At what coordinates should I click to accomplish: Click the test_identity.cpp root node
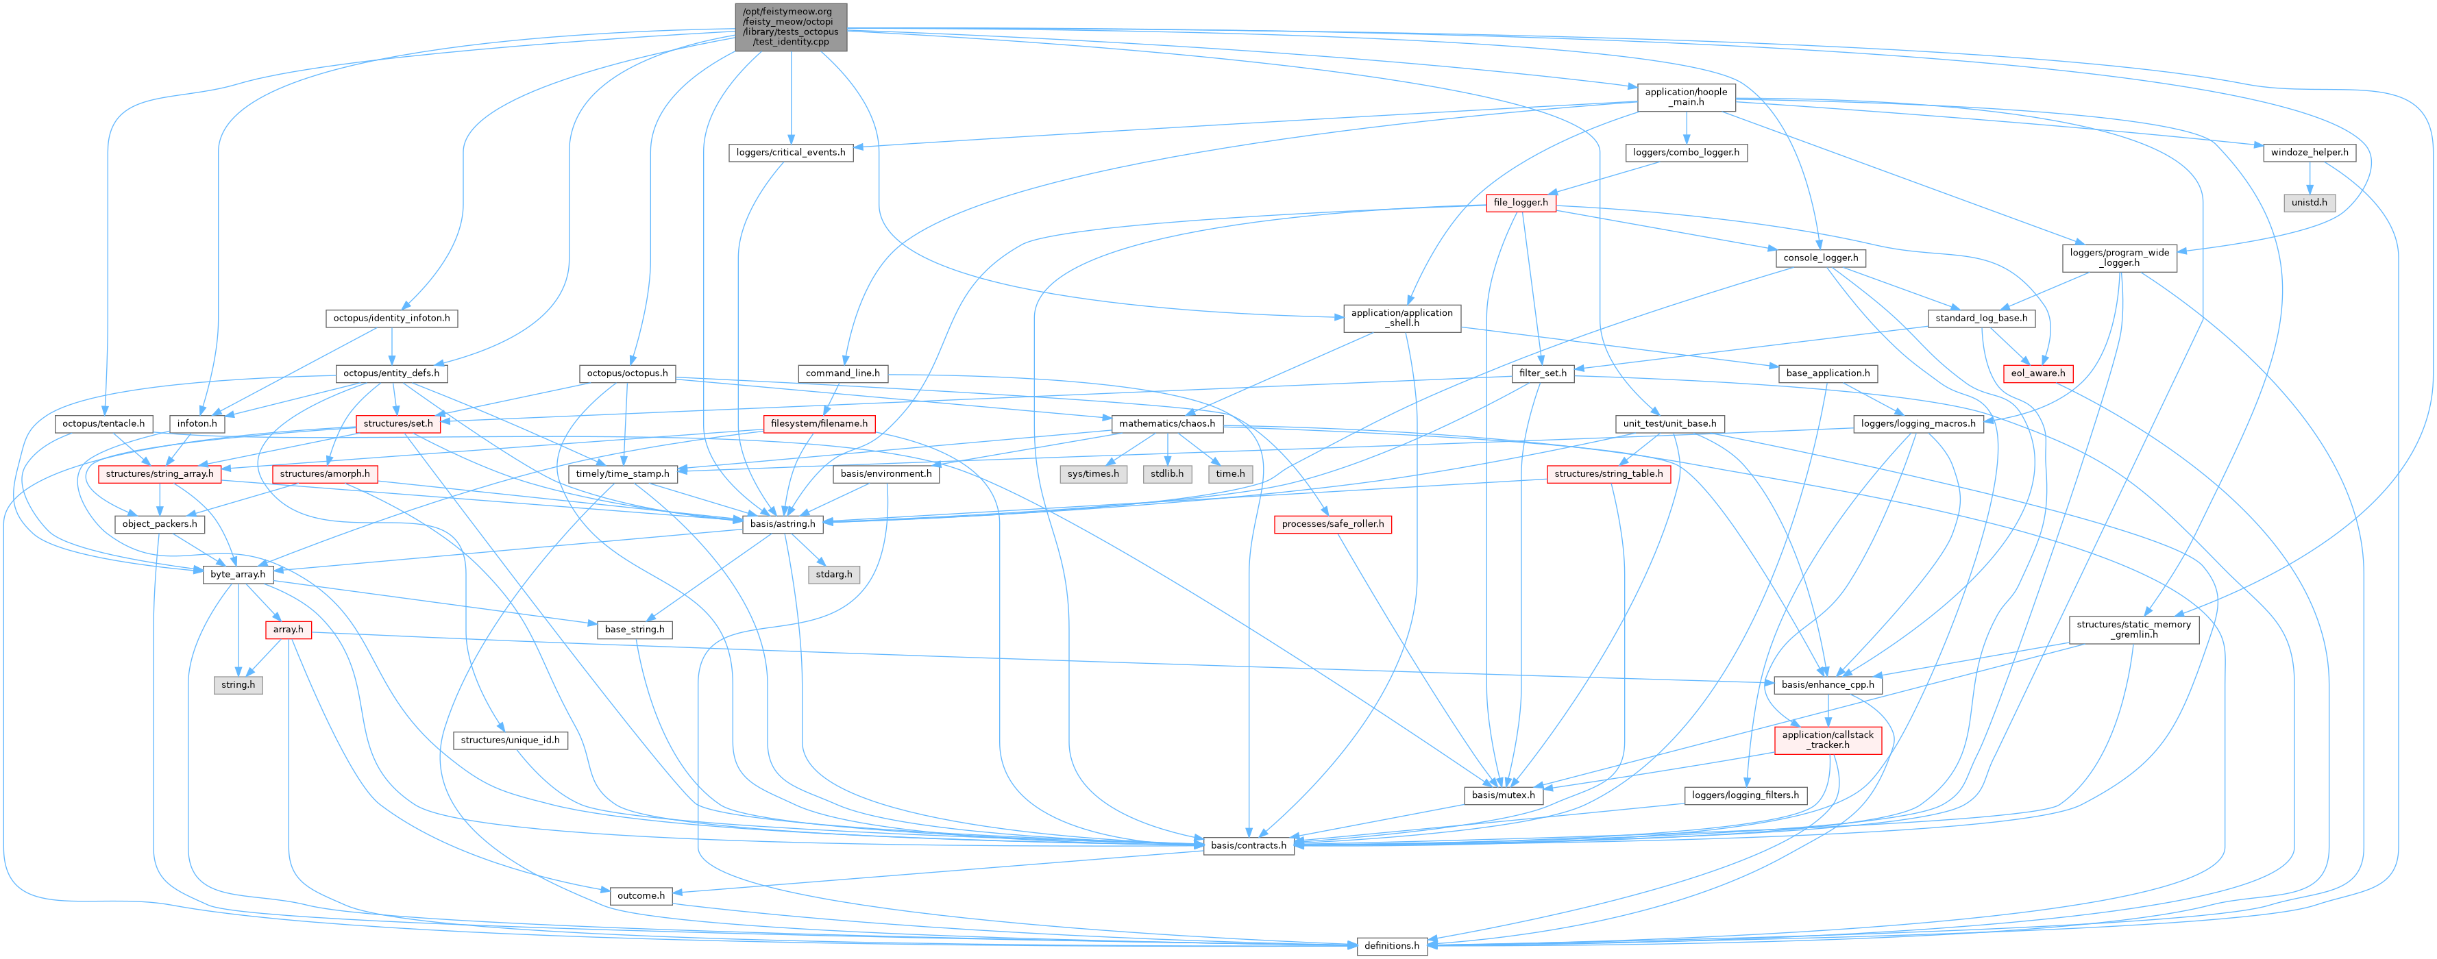791,27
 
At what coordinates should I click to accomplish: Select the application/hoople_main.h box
1686,97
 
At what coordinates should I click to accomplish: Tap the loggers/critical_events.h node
791,152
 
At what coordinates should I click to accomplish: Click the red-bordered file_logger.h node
1520,202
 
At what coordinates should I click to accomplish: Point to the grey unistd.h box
2310,202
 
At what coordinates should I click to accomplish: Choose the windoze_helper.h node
2310,152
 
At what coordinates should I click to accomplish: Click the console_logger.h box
1820,258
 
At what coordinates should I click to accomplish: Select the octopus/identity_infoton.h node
392,318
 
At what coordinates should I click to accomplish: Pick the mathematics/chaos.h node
1166,424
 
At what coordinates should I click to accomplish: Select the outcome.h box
641,895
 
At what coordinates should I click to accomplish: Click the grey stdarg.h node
833,574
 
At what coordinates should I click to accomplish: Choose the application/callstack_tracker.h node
1828,740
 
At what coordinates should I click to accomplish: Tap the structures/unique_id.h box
510,740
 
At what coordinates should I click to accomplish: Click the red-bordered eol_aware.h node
2037,373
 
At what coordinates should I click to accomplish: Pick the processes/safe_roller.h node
1332,524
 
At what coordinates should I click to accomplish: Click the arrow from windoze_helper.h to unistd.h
2310,178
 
